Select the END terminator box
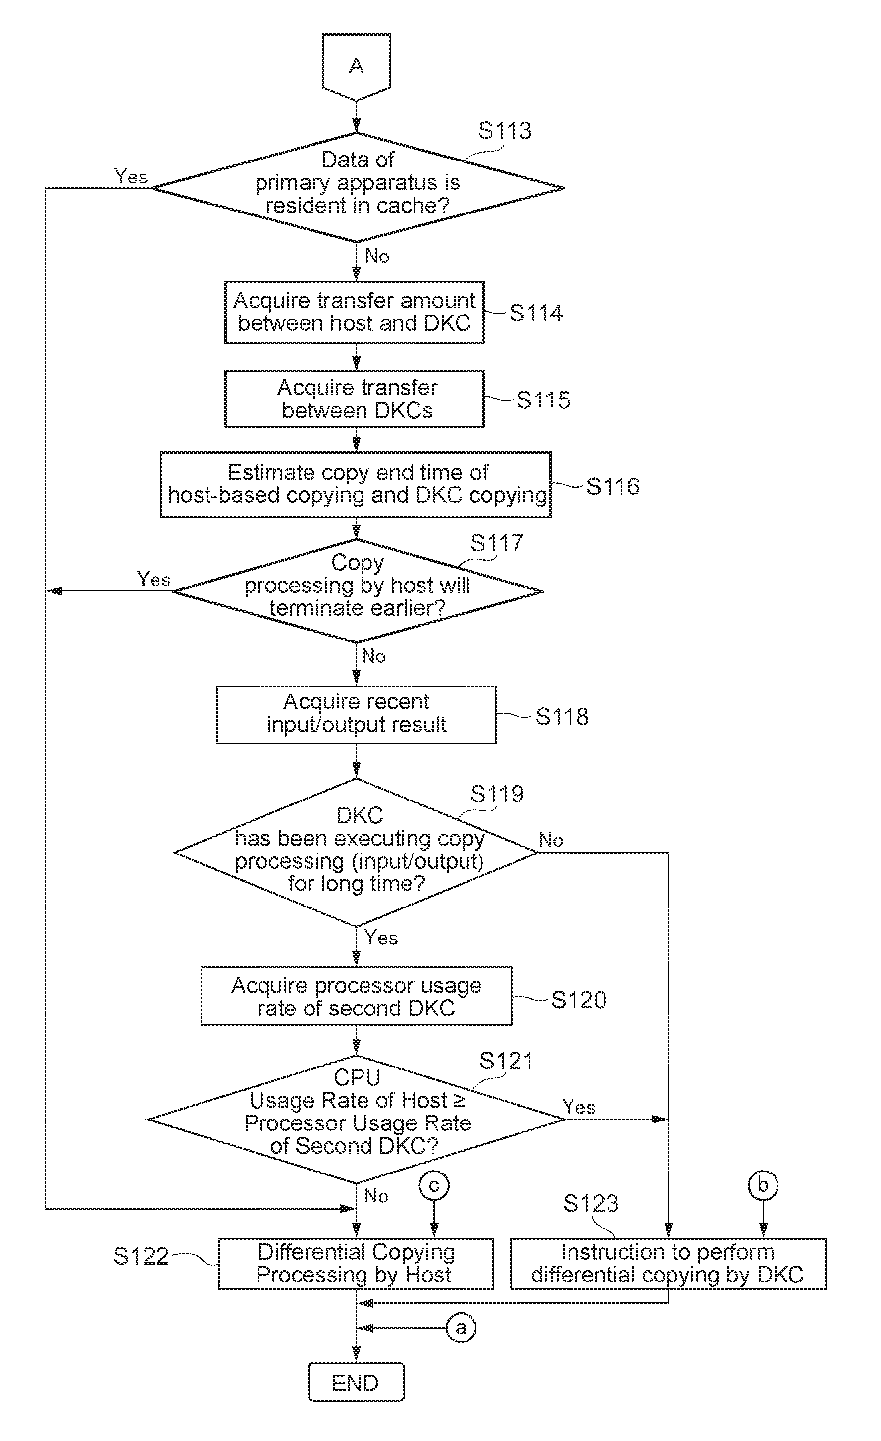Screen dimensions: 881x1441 pyautogui.click(x=356, y=1383)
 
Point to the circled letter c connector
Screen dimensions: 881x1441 pyautogui.click(x=434, y=1185)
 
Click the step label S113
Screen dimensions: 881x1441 pyautogui.click(x=505, y=130)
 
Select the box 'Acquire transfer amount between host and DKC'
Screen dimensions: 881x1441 pyautogui.click(x=354, y=312)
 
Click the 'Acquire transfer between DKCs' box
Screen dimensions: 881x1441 pyautogui.click(x=354, y=398)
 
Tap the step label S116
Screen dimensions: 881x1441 pyautogui.click(x=613, y=486)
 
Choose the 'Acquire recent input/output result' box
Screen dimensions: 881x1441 pyautogui.click(x=356, y=715)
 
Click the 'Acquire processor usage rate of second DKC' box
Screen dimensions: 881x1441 pyautogui.click(x=356, y=996)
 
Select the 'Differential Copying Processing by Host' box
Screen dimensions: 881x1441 pyautogui.click(x=356, y=1263)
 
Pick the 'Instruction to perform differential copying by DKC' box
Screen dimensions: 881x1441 pyautogui.click(x=668, y=1263)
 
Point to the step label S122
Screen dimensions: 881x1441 pyautogui.click(x=141, y=1256)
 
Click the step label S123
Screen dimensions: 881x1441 pyautogui.click(x=590, y=1203)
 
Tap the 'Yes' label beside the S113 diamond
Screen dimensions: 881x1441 pyautogui.click(x=131, y=176)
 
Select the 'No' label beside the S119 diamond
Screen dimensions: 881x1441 pyautogui.click(x=550, y=840)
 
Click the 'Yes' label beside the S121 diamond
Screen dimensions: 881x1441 pyautogui.click(x=579, y=1107)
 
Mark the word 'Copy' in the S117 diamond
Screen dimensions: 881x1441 pyautogui.click(x=357, y=563)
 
